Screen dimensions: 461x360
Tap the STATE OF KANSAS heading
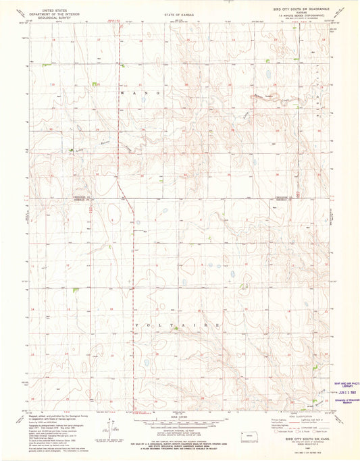177,14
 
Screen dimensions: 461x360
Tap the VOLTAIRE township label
177,325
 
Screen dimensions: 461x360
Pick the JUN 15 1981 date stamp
340,391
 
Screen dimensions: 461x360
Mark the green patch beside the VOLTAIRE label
174,330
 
